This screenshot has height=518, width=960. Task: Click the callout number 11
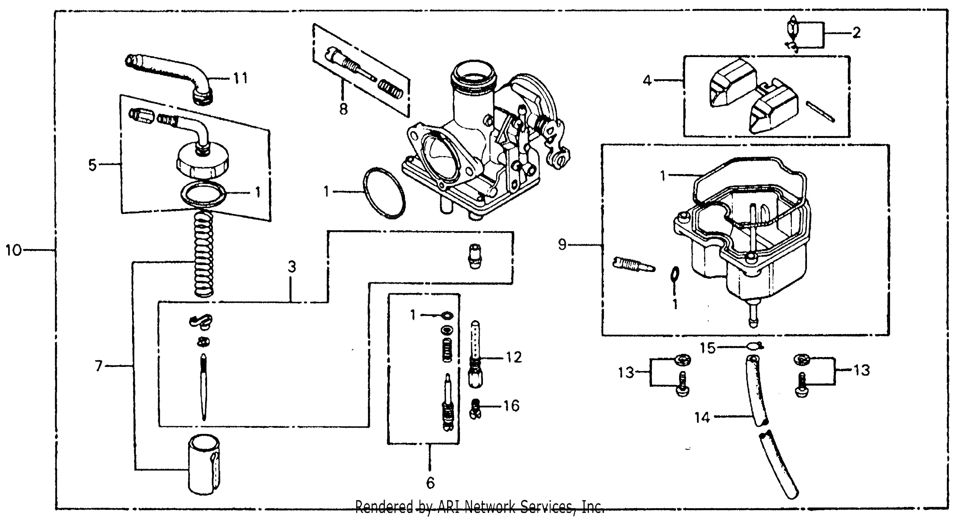pos(240,78)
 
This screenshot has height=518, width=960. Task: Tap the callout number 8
pos(343,109)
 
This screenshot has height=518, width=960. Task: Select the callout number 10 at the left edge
pos(13,250)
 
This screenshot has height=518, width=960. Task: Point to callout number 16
pos(511,406)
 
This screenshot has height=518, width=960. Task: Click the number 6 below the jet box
pos(430,483)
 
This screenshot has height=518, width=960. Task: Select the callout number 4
pos(647,80)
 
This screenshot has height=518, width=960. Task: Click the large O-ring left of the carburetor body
pos(384,193)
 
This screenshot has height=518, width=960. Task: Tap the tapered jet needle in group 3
pos(203,388)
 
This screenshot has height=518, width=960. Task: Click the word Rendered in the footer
pos(384,507)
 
